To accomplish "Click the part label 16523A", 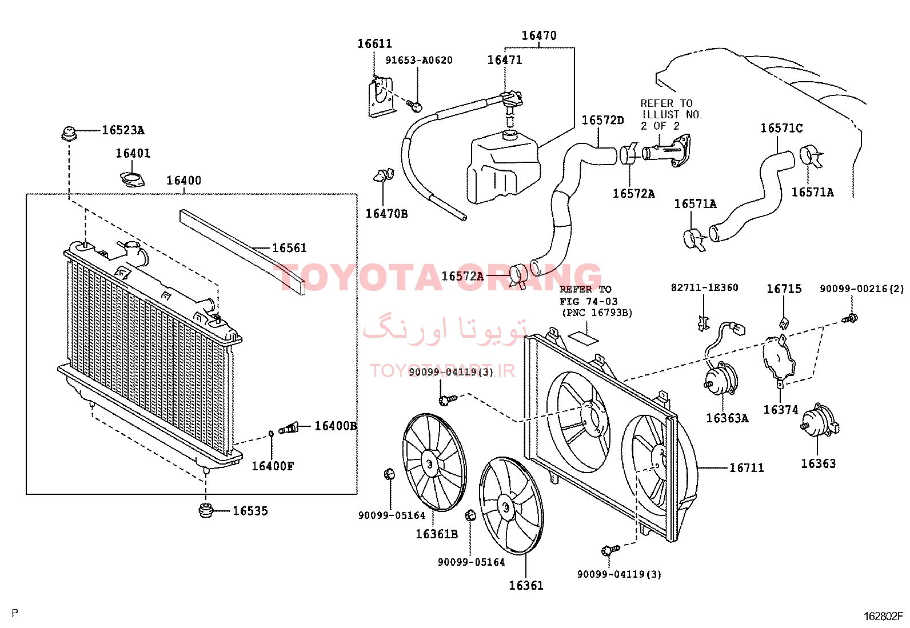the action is click(123, 130).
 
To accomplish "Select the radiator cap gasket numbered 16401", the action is click(132, 179).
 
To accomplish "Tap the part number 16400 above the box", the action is click(183, 181).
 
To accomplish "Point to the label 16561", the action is click(289, 248).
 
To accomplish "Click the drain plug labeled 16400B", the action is click(289, 428).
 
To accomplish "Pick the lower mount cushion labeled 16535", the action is click(206, 510).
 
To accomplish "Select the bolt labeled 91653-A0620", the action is click(415, 106).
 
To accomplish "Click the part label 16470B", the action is click(386, 214).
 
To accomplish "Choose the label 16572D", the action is click(602, 120).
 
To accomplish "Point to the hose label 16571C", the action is click(781, 128).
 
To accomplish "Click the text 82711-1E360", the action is click(704, 287).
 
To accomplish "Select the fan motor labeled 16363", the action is click(820, 421).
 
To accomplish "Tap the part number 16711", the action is click(747, 468).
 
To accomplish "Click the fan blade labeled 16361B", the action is click(434, 462).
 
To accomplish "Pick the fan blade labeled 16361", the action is click(510, 506).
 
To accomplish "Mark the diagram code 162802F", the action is click(883, 617).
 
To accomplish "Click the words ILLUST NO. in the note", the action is click(672, 115).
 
